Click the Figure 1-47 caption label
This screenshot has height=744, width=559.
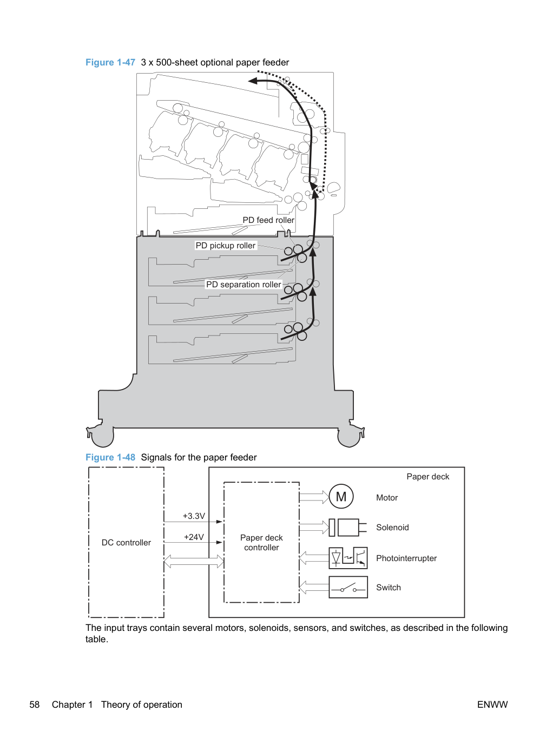[110, 62]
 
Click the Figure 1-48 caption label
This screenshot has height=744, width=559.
[110, 457]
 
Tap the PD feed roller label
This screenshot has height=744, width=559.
[268, 220]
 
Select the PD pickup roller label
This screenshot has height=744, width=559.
[226, 246]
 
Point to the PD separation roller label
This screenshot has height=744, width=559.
[244, 285]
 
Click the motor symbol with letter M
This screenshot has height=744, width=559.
[341, 497]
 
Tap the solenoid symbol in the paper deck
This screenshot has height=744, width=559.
[348, 528]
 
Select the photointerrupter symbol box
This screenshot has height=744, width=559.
[348, 557]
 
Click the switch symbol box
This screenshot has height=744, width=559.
[348, 587]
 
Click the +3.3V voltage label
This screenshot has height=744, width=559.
[194, 516]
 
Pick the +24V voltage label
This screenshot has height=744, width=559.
[194, 537]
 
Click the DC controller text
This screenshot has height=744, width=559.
[126, 543]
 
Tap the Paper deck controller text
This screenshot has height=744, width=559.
[261, 543]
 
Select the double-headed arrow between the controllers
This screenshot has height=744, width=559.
[194, 562]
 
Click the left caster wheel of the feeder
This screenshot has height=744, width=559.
[102, 437]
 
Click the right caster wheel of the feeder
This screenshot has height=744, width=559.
[350, 437]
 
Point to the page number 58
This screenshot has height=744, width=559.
[35, 705]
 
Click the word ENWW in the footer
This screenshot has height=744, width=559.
[492, 705]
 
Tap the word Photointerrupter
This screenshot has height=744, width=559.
[406, 558]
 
